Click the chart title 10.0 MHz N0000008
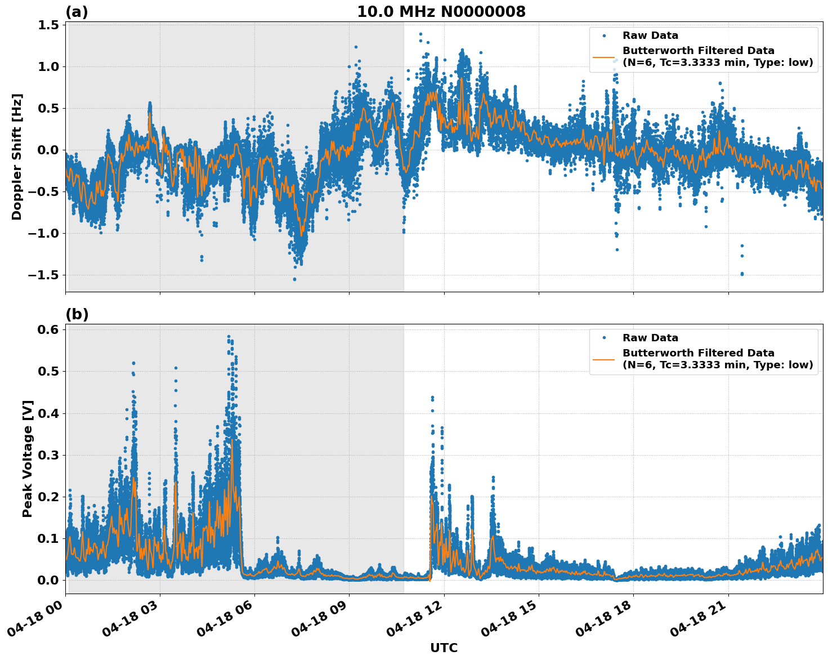click(x=441, y=12)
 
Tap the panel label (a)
click(x=77, y=12)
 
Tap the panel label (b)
click(x=77, y=314)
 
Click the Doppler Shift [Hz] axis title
click(x=17, y=157)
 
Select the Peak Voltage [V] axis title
click(x=28, y=458)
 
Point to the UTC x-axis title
click(x=444, y=648)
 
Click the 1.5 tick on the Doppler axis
click(x=49, y=25)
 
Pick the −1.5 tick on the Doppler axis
click(x=44, y=275)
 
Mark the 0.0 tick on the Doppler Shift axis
click(x=49, y=150)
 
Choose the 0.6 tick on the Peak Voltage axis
click(x=49, y=329)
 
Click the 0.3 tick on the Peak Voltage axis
click(x=49, y=455)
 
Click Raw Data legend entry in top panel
click(x=650, y=35)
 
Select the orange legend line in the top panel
click(x=604, y=57)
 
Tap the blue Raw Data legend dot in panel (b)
click(x=604, y=338)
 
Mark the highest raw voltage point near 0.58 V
click(x=229, y=337)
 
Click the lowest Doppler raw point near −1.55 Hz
click(x=294, y=279)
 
